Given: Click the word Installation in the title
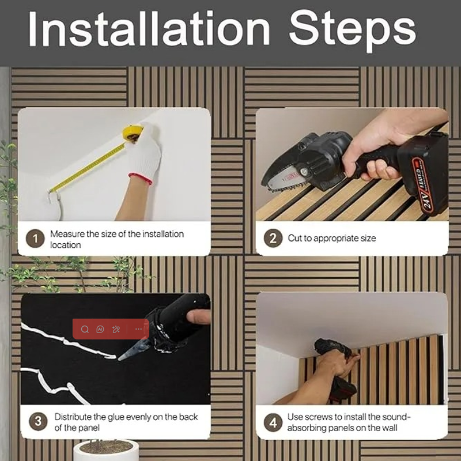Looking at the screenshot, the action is click(149, 28).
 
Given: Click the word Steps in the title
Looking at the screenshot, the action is click(353, 31).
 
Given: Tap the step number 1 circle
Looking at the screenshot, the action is click(35, 238).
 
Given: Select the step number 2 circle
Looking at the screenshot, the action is click(273, 238).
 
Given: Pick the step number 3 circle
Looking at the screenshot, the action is click(38, 421).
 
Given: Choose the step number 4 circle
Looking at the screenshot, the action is click(273, 422).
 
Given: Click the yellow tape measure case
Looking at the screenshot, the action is click(133, 133).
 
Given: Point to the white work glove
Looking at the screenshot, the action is click(146, 153).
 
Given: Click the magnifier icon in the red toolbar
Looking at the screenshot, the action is click(85, 329).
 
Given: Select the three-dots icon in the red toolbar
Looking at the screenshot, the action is click(138, 329).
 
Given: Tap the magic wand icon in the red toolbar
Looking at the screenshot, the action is click(116, 329).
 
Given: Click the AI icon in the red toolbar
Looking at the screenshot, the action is click(100, 329).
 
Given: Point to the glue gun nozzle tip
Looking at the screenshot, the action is click(119, 359).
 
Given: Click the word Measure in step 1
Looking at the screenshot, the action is click(67, 234).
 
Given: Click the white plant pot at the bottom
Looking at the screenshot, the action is click(106, 451).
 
